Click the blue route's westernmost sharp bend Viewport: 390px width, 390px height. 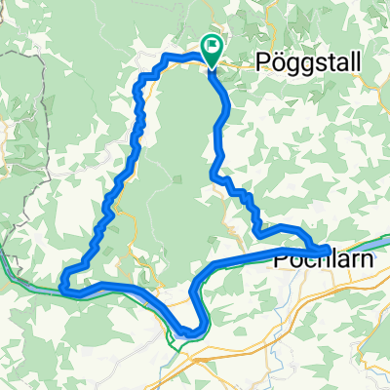(62, 286)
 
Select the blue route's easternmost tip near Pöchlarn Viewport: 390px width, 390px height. (327, 249)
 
